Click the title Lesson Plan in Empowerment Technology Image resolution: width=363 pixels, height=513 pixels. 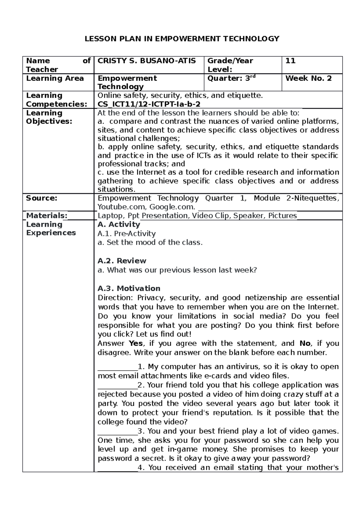(181, 39)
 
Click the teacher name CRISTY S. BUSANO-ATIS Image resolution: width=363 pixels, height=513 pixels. (147, 61)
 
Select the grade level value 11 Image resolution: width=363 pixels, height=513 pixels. (290, 61)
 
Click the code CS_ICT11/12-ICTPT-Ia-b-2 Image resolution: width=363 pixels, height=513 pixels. (149, 104)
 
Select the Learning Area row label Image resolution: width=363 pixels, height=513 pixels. (55, 78)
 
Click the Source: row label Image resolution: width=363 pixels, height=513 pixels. (41, 198)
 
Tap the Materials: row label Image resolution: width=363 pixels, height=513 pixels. (47, 215)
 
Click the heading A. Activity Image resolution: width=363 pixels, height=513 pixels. (119, 224)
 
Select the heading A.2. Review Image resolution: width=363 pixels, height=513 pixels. (122, 261)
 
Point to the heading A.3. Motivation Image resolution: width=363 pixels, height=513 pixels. (129, 288)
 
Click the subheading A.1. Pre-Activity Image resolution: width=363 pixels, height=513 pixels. (126, 234)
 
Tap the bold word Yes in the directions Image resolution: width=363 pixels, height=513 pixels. (136, 344)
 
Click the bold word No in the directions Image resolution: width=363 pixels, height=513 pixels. (305, 344)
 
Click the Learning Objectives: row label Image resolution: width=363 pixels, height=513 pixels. (49, 117)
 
